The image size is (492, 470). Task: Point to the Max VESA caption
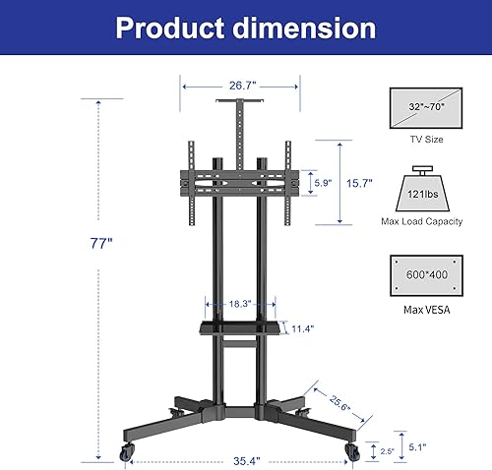coord(426,312)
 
